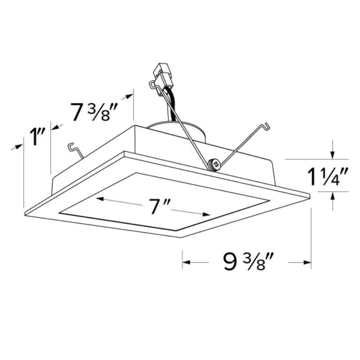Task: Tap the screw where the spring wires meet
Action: (215, 165)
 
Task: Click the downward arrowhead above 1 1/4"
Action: (332, 155)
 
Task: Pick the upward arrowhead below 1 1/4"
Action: (332, 195)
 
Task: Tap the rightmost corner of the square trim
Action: (311, 196)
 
